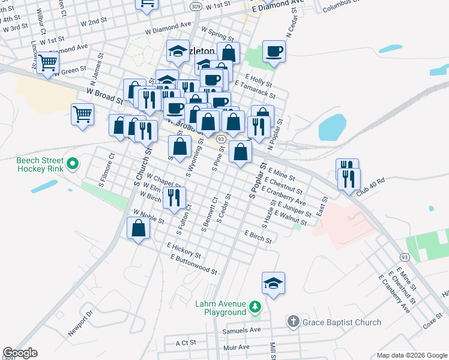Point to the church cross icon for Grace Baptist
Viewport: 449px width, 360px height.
click(x=292, y=322)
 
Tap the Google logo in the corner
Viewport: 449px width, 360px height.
click(x=20, y=353)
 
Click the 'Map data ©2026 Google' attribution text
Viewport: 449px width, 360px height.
click(x=411, y=355)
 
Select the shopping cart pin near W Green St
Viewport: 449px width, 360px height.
click(x=47, y=62)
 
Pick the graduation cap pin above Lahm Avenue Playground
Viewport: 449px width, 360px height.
click(x=273, y=283)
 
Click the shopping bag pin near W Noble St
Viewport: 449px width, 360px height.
click(x=139, y=228)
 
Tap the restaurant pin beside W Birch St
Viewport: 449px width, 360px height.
click(x=174, y=197)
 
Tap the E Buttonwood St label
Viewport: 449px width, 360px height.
click(x=193, y=265)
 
